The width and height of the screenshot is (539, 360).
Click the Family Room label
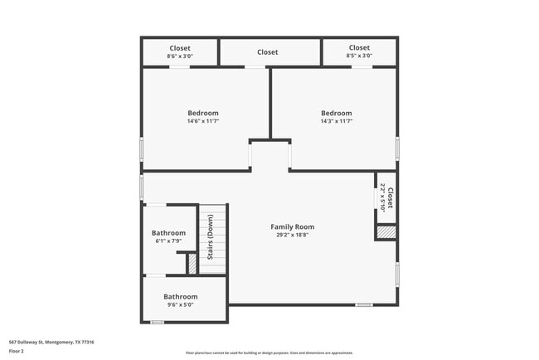293,226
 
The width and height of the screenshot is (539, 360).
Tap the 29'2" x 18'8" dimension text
293,235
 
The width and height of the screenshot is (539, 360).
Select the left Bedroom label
202,113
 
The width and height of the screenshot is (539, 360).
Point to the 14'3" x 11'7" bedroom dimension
337,121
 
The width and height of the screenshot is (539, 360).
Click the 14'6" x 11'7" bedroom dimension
202,121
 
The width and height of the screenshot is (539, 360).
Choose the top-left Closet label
180,48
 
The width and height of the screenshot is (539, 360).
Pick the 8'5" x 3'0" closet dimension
359,56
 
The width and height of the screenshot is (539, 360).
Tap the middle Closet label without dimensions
267,52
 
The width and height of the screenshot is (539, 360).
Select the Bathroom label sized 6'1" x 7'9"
168,233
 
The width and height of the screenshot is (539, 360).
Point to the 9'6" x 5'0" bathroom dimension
180,304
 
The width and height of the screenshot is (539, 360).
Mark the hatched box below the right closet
386,233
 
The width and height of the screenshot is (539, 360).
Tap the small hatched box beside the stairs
192,264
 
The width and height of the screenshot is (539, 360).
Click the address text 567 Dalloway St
51,342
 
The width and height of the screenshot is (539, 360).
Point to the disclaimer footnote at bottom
269,353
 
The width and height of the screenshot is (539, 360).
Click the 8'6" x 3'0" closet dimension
180,56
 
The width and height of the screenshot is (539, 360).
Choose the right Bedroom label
337,113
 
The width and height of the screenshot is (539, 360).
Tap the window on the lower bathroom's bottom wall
157,323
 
